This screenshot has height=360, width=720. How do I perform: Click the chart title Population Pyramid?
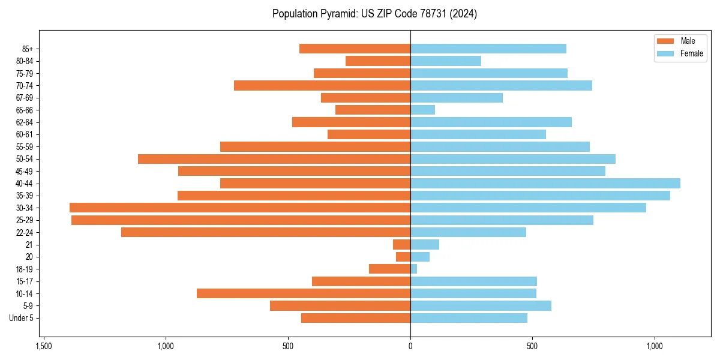click(374, 14)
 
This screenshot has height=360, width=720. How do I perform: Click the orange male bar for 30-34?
click(240, 208)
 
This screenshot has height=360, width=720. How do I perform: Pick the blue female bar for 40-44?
click(545, 183)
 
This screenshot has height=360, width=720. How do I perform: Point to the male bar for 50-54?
click(274, 159)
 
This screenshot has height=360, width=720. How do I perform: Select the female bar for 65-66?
click(422, 110)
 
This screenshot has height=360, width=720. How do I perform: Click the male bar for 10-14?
click(304, 293)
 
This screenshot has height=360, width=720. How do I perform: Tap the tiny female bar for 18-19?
click(413, 269)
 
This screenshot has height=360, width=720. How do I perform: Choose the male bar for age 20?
click(403, 257)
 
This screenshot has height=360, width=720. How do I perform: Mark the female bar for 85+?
click(488, 49)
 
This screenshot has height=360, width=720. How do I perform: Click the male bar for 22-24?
click(266, 232)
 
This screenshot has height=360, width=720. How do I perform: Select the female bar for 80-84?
click(445, 61)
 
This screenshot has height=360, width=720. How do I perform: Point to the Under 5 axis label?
click(21, 318)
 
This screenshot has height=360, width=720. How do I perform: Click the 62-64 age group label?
click(25, 122)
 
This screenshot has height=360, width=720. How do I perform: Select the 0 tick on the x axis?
click(410, 346)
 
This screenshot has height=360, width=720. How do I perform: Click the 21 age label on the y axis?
click(29, 245)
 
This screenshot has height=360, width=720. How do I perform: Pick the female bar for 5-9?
click(481, 305)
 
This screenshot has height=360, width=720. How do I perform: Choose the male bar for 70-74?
click(322, 85)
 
